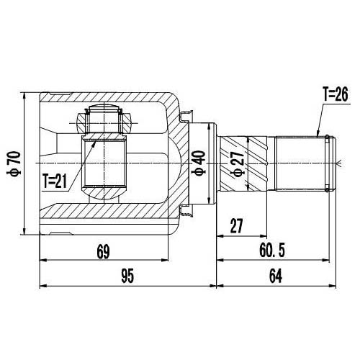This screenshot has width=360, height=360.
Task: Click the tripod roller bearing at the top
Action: (102, 120)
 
